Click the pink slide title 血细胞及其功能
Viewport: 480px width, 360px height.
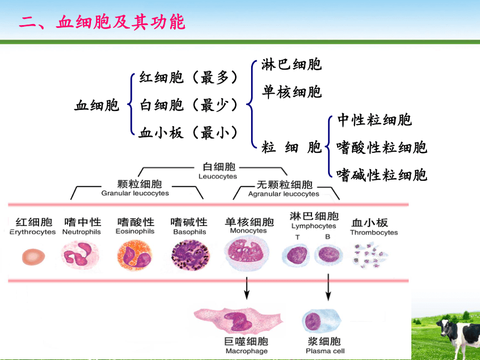click(121, 22)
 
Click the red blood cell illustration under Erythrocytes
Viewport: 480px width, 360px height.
click(33, 257)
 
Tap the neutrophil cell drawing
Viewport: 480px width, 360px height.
click(80, 255)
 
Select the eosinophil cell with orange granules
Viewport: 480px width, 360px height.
click(135, 255)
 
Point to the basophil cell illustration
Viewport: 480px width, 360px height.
click(190, 255)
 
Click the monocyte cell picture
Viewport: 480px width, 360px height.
click(247, 253)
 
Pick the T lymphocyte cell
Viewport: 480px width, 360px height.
click(296, 255)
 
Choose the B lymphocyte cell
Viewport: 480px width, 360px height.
click(329, 255)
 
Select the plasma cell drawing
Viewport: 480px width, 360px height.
click(321, 321)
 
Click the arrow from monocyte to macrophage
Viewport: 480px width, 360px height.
click(247, 288)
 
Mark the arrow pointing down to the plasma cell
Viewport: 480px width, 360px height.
click(328, 287)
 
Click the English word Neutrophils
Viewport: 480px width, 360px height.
click(81, 232)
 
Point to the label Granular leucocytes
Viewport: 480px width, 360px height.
click(135, 193)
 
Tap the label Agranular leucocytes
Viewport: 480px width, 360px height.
click(284, 194)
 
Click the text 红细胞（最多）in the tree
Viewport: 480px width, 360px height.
click(189, 77)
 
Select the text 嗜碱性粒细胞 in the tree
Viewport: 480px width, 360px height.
click(381, 175)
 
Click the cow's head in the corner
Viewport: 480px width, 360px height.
click(444, 328)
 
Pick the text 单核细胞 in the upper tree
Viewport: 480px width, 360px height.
click(291, 92)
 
